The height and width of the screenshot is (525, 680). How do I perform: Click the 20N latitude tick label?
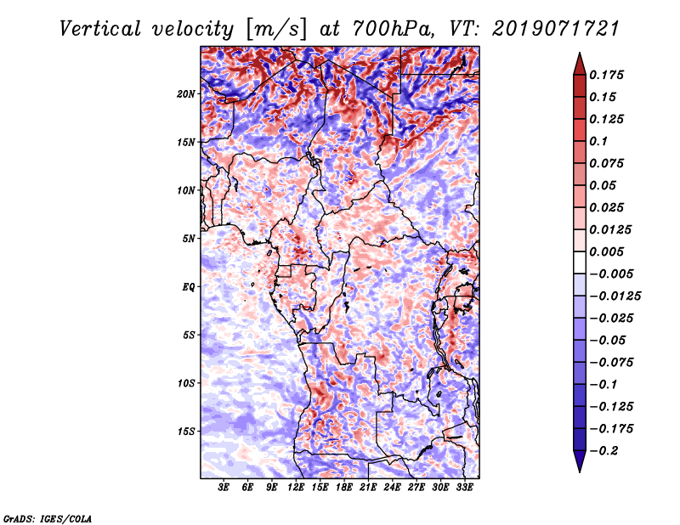click(186, 93)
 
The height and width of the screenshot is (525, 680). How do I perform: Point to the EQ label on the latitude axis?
click(188, 287)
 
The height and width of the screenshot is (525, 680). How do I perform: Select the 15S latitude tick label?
click(186, 432)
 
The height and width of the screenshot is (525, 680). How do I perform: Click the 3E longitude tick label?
click(224, 488)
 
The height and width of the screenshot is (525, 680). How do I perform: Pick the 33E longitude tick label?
click(464, 488)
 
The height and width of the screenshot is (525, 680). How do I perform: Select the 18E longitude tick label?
click(344, 488)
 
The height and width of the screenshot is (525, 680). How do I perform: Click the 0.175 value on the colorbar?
click(609, 75)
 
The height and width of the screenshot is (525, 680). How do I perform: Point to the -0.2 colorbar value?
click(606, 450)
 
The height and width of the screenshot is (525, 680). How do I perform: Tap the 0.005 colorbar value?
click(609, 251)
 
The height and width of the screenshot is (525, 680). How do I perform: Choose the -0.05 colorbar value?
click(609, 340)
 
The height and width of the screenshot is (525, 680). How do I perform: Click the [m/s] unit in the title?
click(274, 29)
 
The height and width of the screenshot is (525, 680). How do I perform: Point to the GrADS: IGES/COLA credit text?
click(48, 517)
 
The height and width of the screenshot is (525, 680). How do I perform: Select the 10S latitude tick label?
click(186, 383)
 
